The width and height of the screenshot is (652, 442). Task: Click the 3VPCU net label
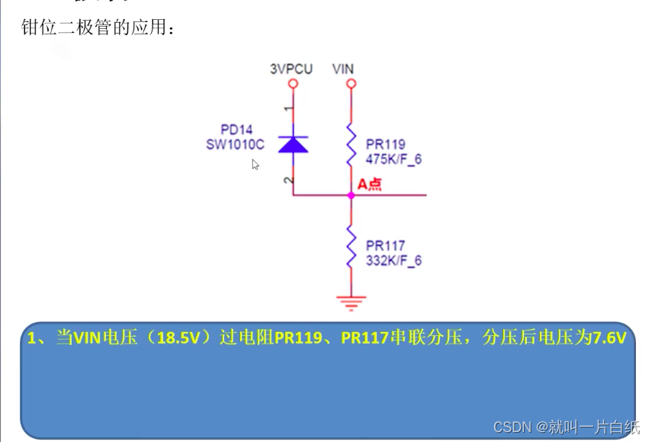coord(291,69)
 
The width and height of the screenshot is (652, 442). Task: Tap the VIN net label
coord(343,69)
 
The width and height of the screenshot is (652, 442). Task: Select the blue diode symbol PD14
coord(293,144)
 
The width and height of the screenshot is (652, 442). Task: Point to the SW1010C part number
coord(235,144)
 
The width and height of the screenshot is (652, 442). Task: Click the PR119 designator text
coord(386,144)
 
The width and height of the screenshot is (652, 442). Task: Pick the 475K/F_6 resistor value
coord(393,159)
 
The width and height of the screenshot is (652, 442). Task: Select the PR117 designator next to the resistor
coord(386,246)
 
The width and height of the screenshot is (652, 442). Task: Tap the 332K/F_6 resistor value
coord(393,260)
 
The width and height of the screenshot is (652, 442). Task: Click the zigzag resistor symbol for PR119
coord(352,144)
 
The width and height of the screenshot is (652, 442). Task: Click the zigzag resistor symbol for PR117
coord(352,246)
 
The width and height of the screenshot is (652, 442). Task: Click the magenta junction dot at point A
coord(352,195)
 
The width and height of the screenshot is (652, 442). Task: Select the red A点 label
coord(370,184)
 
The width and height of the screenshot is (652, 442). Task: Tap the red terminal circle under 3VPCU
coord(293,83)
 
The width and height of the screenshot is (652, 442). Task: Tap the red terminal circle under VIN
coord(352,83)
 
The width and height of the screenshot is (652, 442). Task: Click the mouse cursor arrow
coord(255,164)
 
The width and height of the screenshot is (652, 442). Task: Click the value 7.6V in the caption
coord(609,338)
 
